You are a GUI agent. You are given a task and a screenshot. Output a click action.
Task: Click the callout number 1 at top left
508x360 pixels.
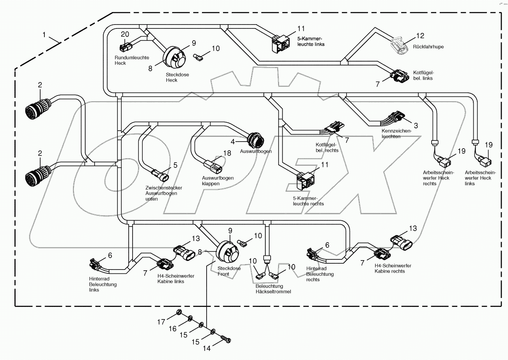point(44,35)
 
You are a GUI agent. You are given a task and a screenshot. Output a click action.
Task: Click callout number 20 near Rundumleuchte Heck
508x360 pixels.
point(124,34)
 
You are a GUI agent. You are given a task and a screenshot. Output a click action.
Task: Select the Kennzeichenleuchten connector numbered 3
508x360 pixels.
point(397,117)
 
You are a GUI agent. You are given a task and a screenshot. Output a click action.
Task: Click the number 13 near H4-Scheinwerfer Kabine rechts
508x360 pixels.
point(413,228)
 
